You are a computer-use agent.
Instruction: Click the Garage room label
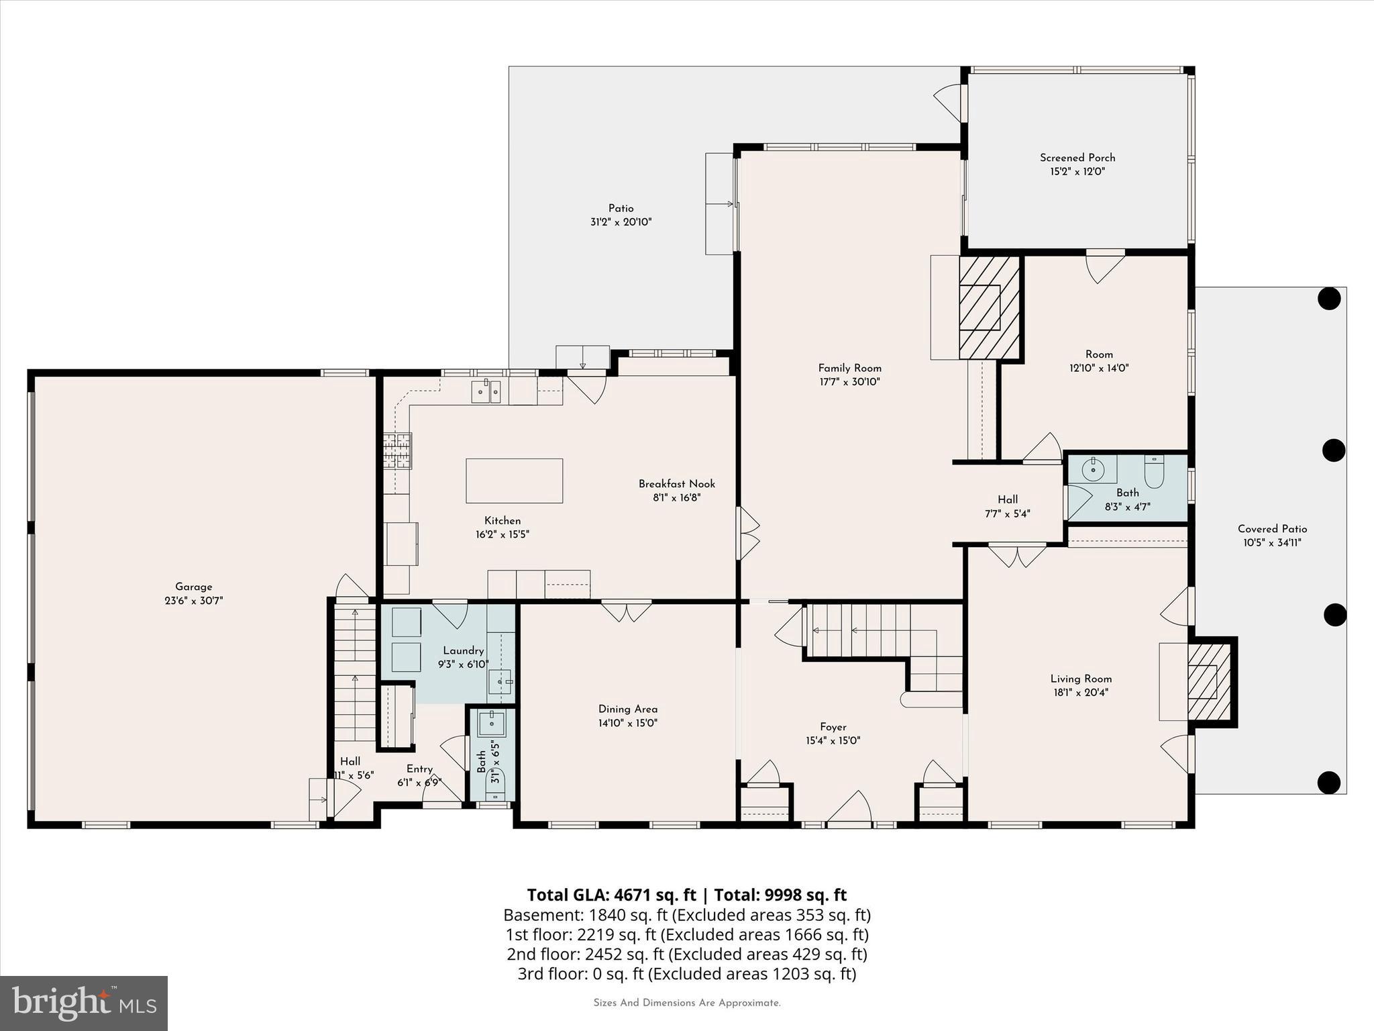point(193,587)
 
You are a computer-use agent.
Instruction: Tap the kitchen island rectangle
point(514,481)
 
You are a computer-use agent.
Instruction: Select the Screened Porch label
point(1077,158)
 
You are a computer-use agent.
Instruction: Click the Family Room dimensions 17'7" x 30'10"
point(849,382)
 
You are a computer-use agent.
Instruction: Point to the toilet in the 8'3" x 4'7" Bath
point(1155,472)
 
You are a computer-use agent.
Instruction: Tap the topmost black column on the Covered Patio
point(1328,298)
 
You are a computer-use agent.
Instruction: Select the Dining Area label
point(628,709)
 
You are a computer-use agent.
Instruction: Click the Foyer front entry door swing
point(850,807)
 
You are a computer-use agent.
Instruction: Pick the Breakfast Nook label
point(676,483)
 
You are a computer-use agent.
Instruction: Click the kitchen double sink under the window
point(486,391)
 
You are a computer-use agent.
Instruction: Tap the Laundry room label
point(463,650)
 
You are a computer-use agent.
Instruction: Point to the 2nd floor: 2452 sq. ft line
point(686,954)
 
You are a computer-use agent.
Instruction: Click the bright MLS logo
point(84,1003)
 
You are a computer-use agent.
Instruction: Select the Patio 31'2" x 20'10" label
point(621,215)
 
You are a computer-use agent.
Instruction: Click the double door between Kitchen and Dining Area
point(626,611)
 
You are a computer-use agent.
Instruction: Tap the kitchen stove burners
point(397,450)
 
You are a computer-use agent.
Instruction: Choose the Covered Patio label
point(1272,529)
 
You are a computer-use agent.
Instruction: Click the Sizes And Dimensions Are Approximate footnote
point(686,1003)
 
